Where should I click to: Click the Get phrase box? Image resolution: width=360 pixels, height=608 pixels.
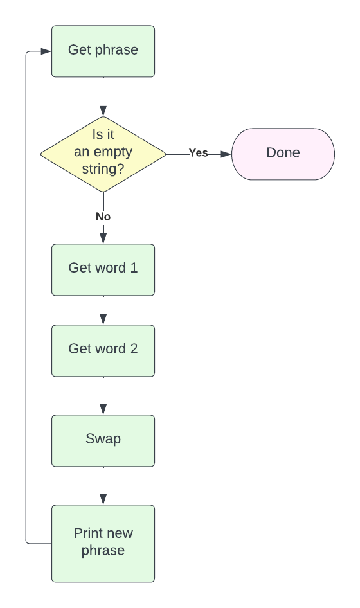103,51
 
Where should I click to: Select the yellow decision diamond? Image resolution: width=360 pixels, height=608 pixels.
103,154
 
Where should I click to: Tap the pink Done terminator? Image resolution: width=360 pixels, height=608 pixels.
283,154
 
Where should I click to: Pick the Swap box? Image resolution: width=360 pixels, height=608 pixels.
103,440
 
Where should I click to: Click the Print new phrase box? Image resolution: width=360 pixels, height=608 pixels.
103,543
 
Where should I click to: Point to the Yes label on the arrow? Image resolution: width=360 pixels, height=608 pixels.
198,153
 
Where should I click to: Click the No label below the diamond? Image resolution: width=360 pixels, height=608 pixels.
103,217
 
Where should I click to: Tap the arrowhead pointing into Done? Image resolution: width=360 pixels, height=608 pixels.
226,154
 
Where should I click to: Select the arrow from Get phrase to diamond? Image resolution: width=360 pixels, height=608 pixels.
103,96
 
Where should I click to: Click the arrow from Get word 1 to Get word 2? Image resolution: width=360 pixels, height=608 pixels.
103,310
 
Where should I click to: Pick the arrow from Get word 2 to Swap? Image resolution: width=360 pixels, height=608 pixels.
103,395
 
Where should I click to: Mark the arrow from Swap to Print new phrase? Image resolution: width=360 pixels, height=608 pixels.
103,485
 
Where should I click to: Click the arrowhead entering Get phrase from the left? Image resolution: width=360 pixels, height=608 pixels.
46,51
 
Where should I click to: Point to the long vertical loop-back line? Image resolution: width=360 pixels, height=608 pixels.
26,296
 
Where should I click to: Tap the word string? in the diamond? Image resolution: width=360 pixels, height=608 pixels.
103,169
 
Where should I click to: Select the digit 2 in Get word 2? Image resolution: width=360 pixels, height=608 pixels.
134,349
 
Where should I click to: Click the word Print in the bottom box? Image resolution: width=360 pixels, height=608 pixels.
87,533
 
